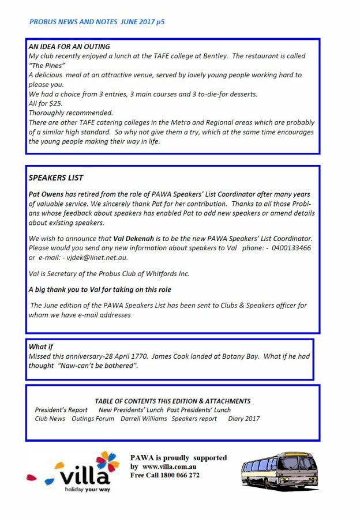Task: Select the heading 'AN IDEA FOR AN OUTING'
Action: click(x=69, y=47)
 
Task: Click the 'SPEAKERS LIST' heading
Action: click(x=56, y=178)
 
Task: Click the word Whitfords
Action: click(x=162, y=273)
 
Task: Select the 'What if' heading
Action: click(x=41, y=347)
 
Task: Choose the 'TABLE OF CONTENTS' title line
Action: click(x=172, y=401)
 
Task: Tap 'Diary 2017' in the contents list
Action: click(x=243, y=419)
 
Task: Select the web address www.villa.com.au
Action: click(x=170, y=467)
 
